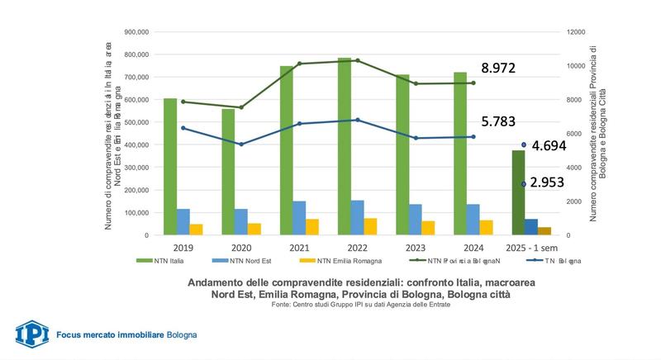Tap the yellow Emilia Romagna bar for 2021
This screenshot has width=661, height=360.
(312, 227)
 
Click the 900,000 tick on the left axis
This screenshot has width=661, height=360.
(136, 32)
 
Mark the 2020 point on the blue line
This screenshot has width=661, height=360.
(240, 144)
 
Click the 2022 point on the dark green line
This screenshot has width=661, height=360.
(357, 60)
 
